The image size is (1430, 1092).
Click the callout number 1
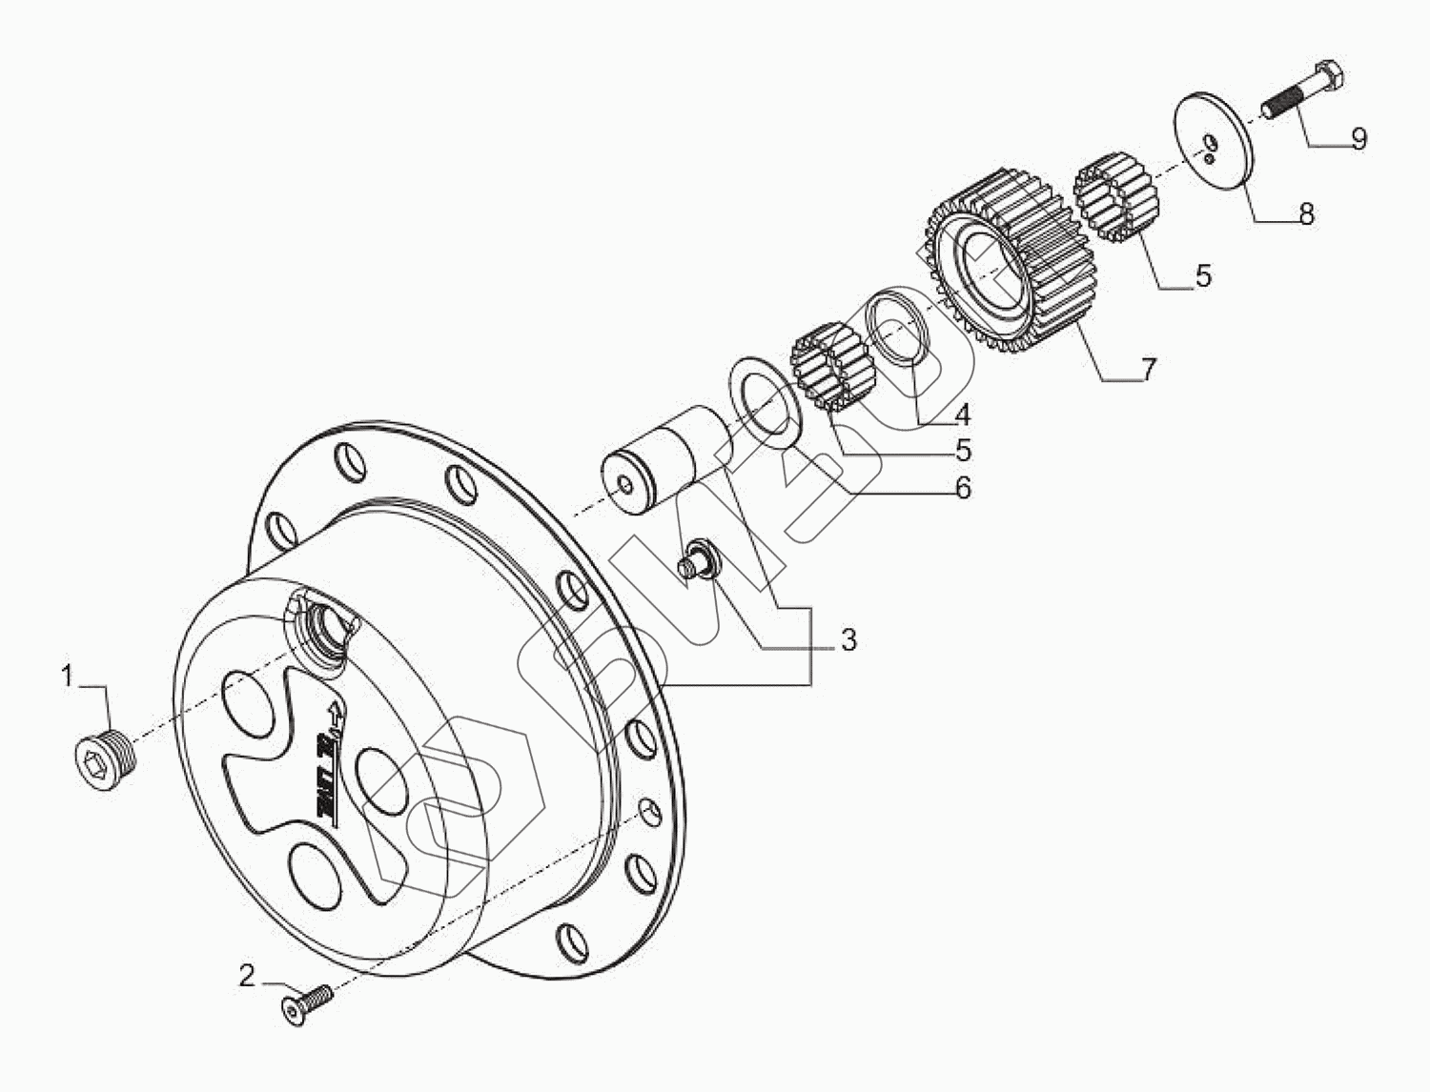click(x=67, y=677)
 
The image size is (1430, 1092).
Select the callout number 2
click(x=247, y=975)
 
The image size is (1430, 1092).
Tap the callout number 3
click(x=848, y=639)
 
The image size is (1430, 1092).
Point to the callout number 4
click(x=963, y=415)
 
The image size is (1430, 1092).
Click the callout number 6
click(x=963, y=488)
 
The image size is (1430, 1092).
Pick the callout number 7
click(x=1149, y=369)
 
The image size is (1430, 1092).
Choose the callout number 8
click(x=1306, y=213)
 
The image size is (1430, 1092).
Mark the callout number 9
click(x=1358, y=138)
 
